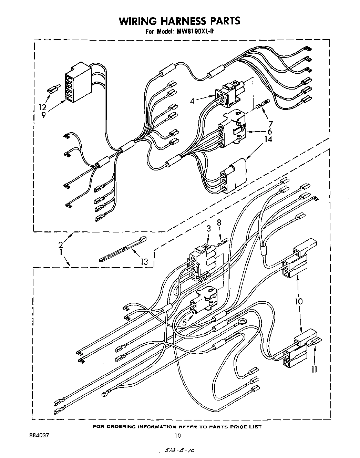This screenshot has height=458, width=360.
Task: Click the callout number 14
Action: tap(268, 139)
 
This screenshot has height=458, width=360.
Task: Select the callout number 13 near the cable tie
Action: tap(144, 262)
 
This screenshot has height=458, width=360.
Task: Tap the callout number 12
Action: tap(43, 107)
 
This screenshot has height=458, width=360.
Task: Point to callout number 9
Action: tap(43, 115)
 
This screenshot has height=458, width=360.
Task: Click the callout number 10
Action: tap(298, 301)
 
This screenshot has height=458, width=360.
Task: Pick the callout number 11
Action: tap(314, 369)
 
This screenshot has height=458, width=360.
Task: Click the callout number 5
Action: tap(185, 323)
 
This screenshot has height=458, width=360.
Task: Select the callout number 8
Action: tap(219, 223)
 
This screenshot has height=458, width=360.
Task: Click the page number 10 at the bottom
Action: tap(177, 436)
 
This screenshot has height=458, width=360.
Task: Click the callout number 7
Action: tap(270, 124)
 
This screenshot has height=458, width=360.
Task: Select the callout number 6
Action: tap(269, 131)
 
